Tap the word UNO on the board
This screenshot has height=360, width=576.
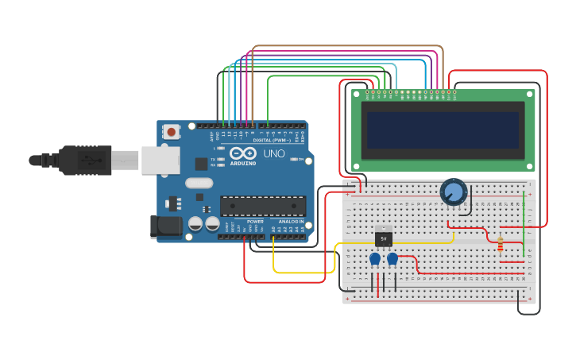274,153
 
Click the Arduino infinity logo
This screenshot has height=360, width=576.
243,153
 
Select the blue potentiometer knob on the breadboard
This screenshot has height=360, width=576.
453,192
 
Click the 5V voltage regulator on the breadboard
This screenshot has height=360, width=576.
384,237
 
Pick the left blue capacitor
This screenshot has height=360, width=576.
375,258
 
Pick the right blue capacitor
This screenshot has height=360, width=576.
392,258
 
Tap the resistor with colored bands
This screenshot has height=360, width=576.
500,245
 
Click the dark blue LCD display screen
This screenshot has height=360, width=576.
443,130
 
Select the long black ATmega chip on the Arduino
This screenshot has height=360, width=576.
262,206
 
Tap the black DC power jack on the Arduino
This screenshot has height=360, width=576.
166,226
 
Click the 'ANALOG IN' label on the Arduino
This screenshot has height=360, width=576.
291,221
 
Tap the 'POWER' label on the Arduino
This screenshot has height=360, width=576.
255,221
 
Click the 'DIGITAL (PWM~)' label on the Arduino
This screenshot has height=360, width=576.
271,140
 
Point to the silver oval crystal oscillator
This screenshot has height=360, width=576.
199,183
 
